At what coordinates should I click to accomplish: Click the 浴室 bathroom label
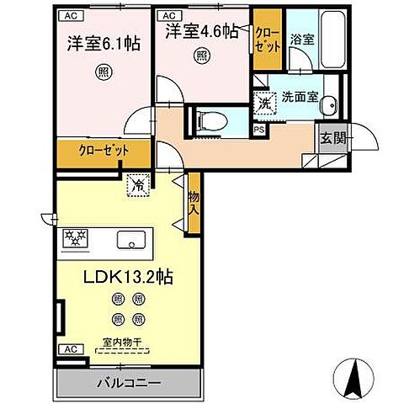click(301, 39)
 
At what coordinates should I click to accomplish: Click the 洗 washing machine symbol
click(264, 104)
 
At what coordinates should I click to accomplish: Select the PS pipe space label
click(260, 130)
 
